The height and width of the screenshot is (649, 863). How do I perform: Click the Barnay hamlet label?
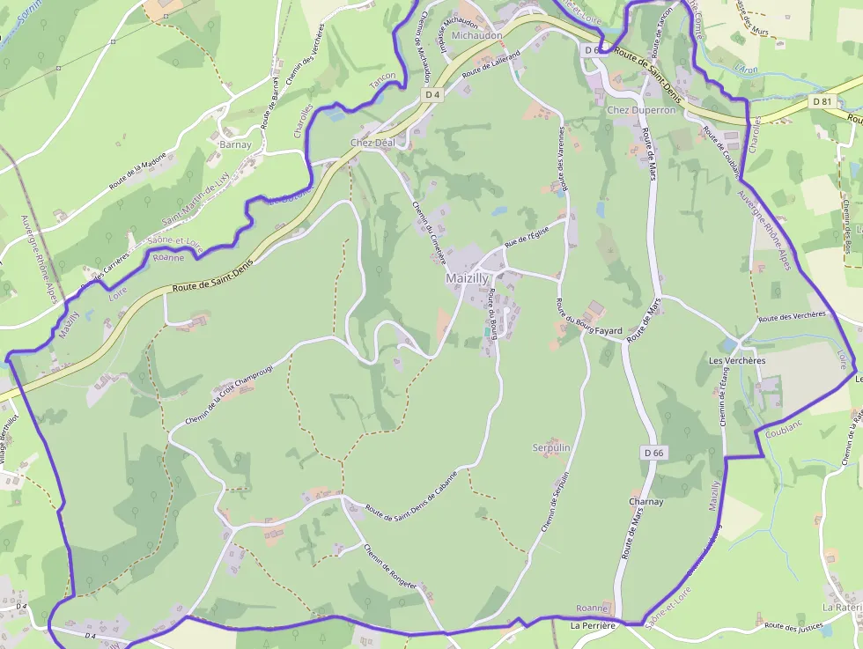tap(235, 144)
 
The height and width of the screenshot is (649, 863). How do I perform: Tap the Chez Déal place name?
tap(372, 143)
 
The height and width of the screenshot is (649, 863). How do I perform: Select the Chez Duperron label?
tap(641, 110)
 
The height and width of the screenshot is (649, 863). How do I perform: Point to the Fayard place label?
tap(609, 331)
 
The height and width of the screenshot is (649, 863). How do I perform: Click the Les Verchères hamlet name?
tap(737, 361)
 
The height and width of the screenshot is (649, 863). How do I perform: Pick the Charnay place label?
tap(645, 502)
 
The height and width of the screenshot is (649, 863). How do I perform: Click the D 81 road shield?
tap(822, 101)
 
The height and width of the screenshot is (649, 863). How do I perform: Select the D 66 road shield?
tap(653, 453)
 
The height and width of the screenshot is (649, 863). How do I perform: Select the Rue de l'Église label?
tap(527, 236)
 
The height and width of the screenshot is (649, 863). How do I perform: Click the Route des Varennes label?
tap(562, 158)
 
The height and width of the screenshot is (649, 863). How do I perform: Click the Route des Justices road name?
tap(793, 626)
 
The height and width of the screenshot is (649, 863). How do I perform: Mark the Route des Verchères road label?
tap(792, 315)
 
